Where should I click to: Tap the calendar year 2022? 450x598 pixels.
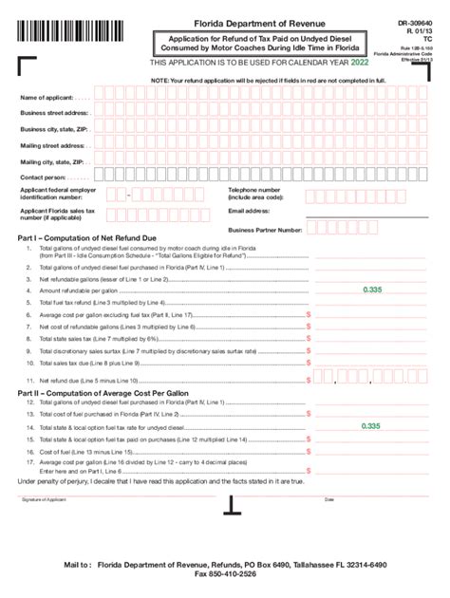[x=359, y=63]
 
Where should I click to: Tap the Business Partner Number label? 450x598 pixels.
[x=265, y=230]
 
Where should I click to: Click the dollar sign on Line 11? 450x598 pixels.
[x=308, y=381]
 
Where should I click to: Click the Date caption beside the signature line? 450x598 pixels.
[x=329, y=499]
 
